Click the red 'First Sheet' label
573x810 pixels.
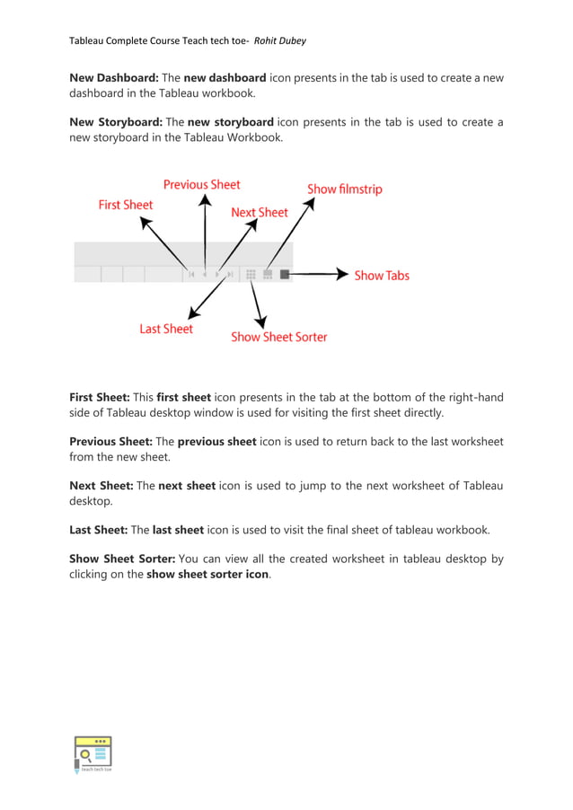coord(126,205)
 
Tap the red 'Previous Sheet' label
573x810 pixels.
coord(201,184)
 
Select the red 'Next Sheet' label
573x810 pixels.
coord(260,213)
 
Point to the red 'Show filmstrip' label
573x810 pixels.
coord(345,189)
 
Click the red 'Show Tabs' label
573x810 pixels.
coord(382,276)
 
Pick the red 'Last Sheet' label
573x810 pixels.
coord(166,329)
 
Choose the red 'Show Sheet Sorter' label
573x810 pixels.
coord(279,337)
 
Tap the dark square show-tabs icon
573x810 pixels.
coord(285,275)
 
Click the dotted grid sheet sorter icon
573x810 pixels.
coord(251,275)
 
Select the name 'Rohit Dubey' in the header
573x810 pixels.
coord(284,40)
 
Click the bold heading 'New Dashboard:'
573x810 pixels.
coord(113,78)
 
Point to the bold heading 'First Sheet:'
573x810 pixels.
coord(100,397)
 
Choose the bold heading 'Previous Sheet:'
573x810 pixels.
coord(110,442)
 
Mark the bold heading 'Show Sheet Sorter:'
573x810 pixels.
coord(121,559)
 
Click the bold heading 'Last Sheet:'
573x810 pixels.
coord(98,530)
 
